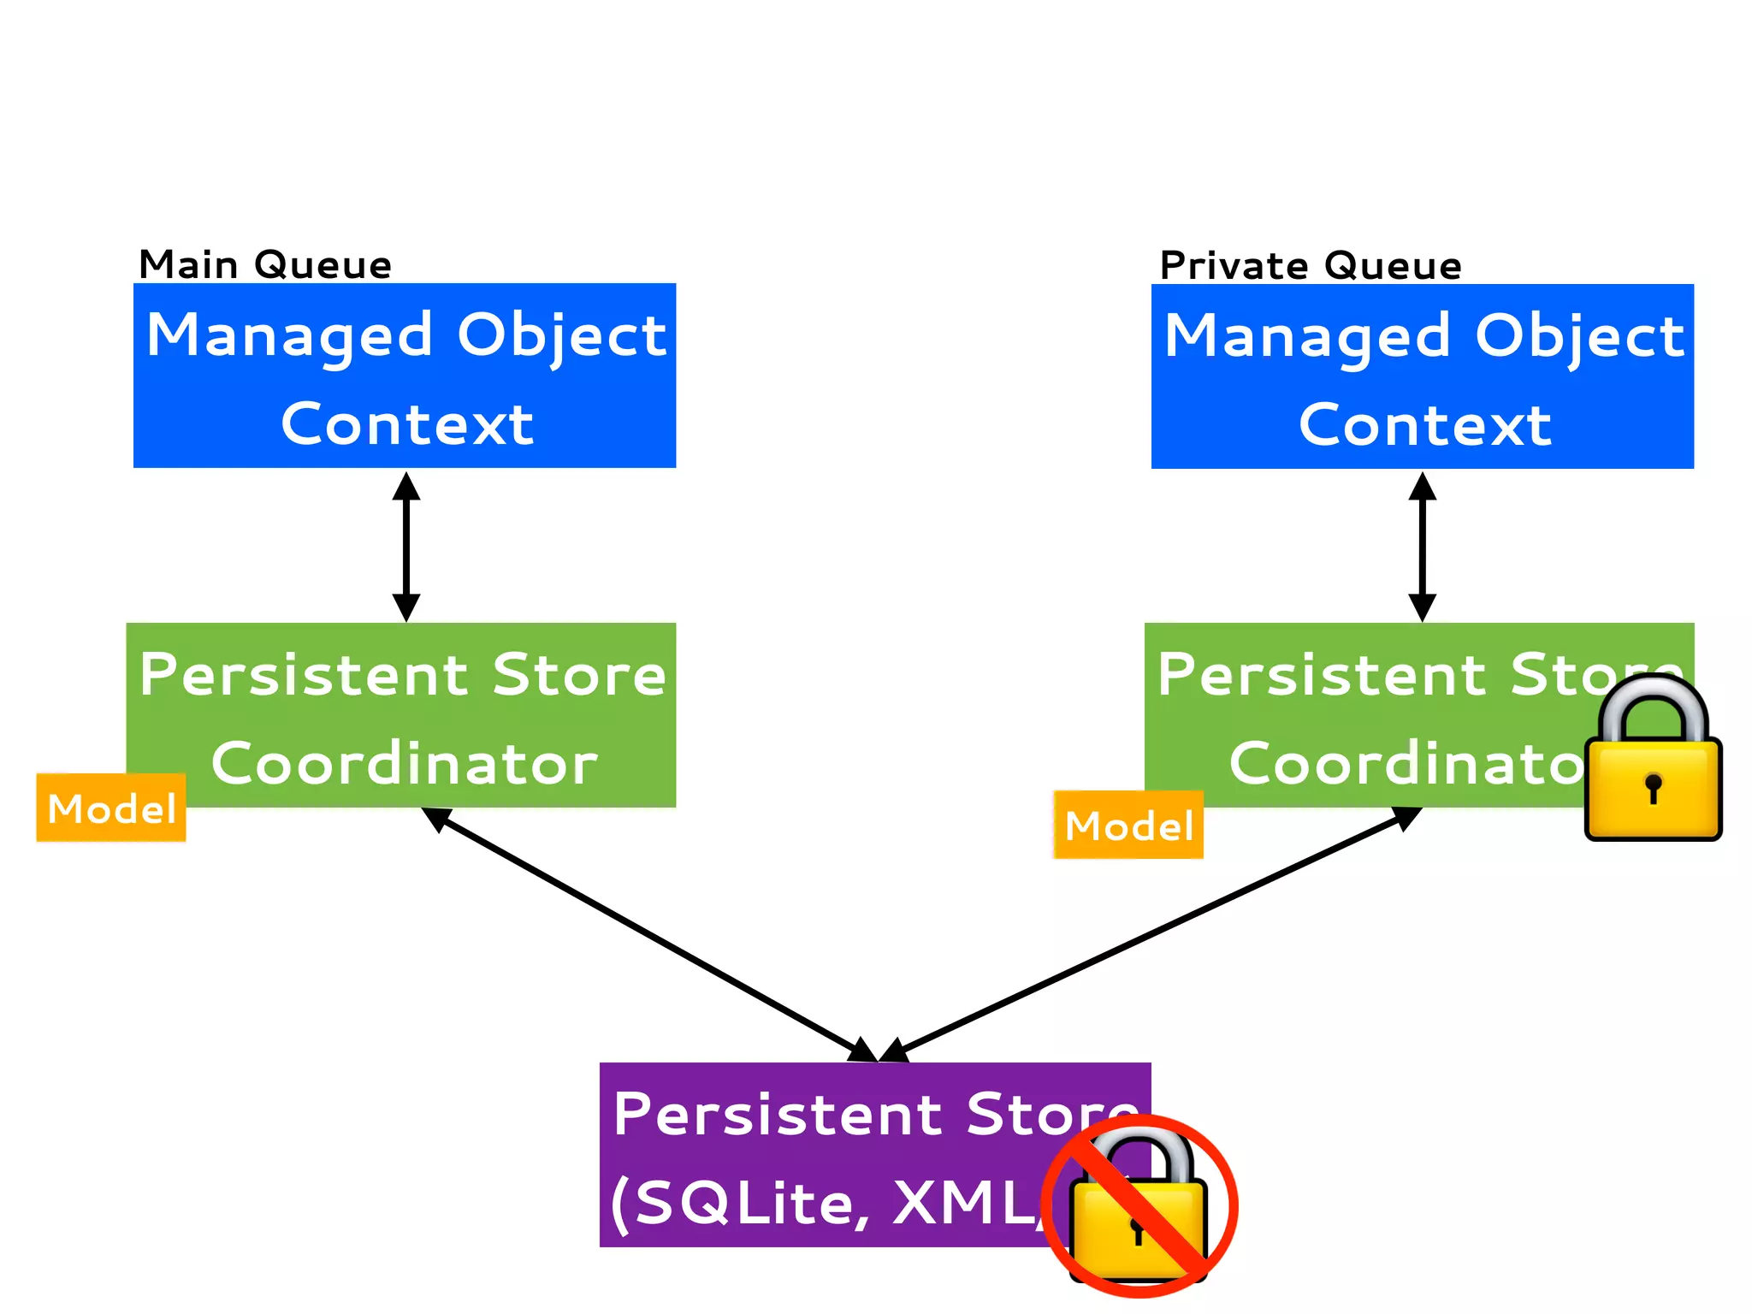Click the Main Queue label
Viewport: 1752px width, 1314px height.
coord(265,264)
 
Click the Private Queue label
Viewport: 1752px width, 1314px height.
coord(1310,265)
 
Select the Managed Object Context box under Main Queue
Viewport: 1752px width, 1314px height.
coord(405,376)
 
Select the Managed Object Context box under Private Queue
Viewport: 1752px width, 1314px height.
coord(1422,376)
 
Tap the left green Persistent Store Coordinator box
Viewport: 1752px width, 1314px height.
coord(402,715)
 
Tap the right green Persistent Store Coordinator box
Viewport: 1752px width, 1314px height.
coord(1369,715)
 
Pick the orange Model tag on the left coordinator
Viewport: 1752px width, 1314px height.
coord(111,808)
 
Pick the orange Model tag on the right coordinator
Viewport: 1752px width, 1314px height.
coord(1128,826)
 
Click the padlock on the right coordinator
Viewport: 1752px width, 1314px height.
coord(1653,761)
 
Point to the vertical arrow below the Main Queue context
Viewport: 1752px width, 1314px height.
coord(405,547)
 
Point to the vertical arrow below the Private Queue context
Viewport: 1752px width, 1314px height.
coord(1422,547)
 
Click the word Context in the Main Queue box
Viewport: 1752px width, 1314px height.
coord(407,424)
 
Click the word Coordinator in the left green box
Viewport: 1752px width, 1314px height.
coord(404,763)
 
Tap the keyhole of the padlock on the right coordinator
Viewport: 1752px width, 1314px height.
coord(1653,787)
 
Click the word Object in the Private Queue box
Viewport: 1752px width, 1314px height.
coord(1579,337)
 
